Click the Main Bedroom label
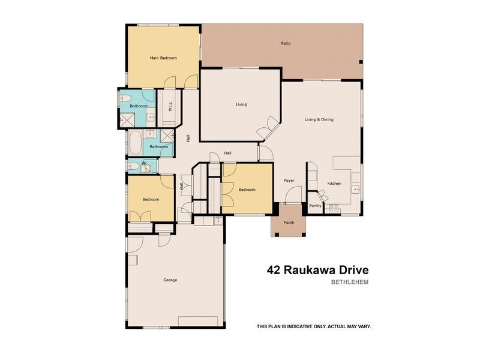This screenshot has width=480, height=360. [163, 58]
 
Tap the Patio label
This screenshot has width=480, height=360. [286, 43]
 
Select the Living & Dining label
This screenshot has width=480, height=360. [319, 119]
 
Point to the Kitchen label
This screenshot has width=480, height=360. [334, 184]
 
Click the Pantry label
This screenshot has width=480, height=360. [316, 206]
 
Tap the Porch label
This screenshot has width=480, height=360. [289, 223]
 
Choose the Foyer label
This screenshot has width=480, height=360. [289, 181]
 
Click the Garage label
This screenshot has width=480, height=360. [170, 280]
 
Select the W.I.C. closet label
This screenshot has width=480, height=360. [170, 106]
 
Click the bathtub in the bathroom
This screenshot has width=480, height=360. [135, 142]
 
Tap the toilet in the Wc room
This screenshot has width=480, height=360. [133, 167]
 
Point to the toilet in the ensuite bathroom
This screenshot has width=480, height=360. [125, 98]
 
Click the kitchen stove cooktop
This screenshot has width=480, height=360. [334, 209]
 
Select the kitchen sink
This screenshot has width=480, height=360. [356, 190]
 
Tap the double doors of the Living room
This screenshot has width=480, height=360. [268, 128]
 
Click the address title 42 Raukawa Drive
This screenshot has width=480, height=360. [318, 271]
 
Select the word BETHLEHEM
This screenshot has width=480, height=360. [350, 282]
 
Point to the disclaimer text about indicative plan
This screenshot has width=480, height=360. [314, 326]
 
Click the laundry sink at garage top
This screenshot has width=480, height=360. [218, 220]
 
